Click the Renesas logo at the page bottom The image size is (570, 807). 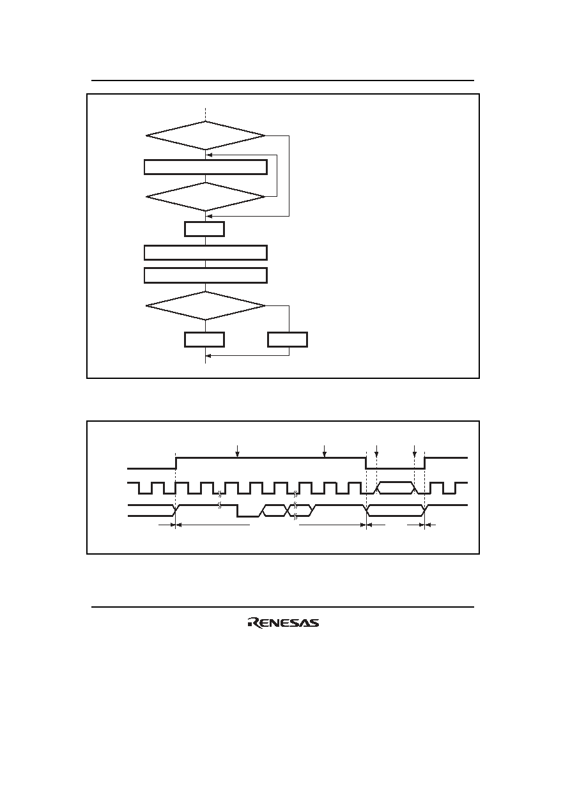tap(283, 622)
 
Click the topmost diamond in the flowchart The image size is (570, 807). tap(205, 135)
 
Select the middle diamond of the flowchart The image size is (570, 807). tap(205, 197)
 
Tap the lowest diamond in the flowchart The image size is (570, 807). tap(205, 305)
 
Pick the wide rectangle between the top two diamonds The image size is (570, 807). tap(205, 167)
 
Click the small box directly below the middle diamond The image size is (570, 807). tap(204, 229)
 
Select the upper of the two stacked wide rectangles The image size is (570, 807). tap(205, 252)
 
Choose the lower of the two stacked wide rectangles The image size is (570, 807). tap(205, 275)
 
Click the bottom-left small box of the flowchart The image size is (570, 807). tap(204, 340)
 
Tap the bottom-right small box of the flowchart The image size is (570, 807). tap(288, 340)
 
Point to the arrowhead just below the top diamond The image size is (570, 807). tap(209, 155)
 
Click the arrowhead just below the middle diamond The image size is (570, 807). tap(209, 216)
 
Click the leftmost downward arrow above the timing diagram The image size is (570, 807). tap(237, 451)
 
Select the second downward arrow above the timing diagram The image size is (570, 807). tap(324, 451)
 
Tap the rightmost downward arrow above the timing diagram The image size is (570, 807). tap(414, 451)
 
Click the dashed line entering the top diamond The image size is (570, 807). tap(205, 114)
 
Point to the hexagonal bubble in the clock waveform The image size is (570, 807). tap(396, 488)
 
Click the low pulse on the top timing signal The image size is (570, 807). tap(396, 468)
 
